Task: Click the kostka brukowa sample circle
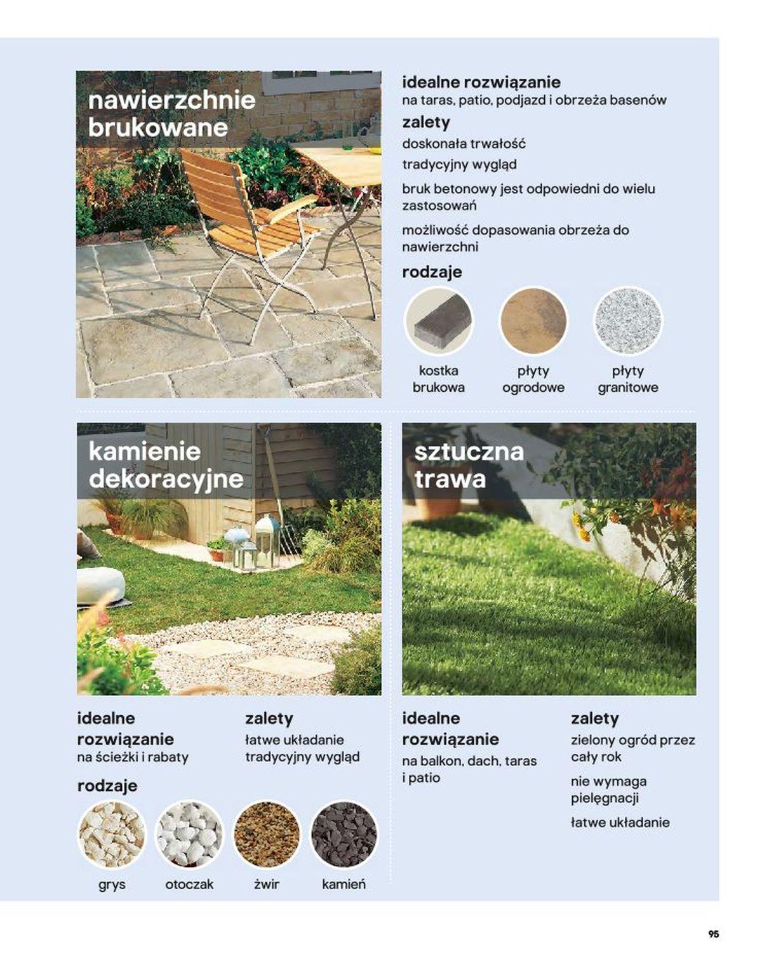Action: (438, 320)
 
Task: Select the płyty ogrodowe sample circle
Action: (533, 320)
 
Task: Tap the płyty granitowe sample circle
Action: (627, 320)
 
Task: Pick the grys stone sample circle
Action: (112, 834)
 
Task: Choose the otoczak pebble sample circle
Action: (189, 834)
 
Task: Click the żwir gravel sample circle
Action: (267, 834)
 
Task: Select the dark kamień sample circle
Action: (344, 834)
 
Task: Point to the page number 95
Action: (714, 934)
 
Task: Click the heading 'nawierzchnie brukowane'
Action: (171, 114)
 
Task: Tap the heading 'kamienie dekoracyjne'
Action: (166, 465)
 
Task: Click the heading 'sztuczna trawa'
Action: (469, 465)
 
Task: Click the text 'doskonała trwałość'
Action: (464, 144)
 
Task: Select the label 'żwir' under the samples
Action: (267, 884)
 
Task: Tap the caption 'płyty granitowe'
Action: (627, 379)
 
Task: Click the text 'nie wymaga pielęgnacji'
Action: (608, 790)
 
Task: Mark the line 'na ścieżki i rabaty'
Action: (133, 757)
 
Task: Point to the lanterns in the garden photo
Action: (254, 543)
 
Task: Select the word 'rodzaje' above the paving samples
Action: (432, 272)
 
